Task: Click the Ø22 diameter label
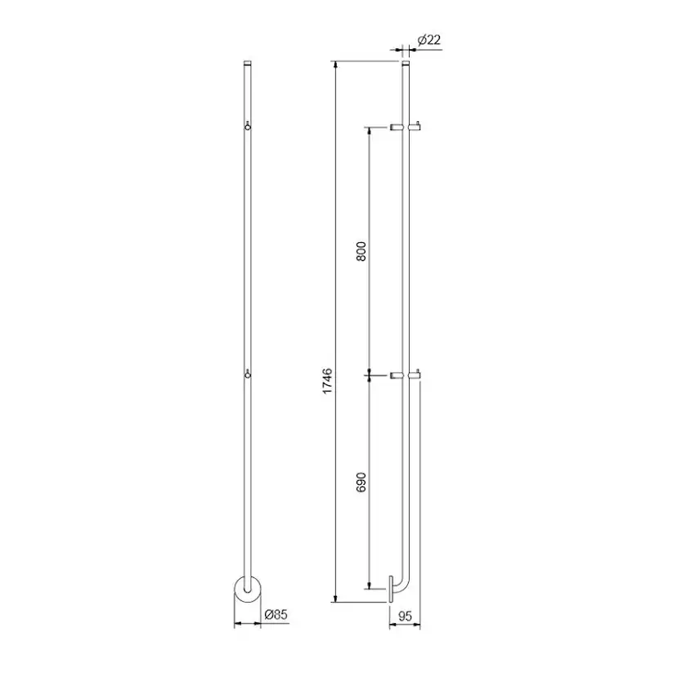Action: click(429, 40)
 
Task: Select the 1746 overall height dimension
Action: click(328, 380)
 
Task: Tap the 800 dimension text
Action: click(361, 251)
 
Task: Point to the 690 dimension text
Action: click(361, 482)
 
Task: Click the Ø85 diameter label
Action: click(276, 614)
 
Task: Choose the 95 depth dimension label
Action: click(405, 616)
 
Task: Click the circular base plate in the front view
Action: click(248, 589)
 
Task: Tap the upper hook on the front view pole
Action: click(248, 126)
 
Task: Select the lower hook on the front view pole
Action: click(248, 374)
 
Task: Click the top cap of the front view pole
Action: click(248, 63)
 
